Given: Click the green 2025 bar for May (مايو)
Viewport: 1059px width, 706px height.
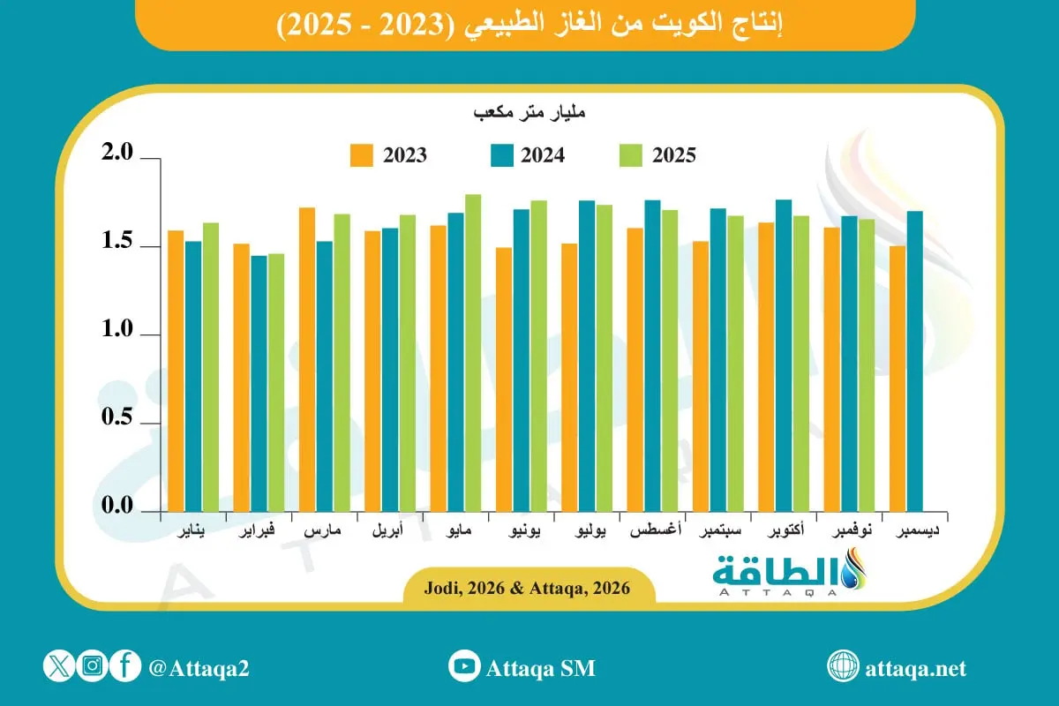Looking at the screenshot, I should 473,353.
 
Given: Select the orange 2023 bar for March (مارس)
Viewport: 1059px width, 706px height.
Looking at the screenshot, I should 307,359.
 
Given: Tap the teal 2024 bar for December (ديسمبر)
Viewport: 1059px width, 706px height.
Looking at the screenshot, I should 914,361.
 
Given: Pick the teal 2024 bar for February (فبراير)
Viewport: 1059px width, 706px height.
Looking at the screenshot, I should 259,384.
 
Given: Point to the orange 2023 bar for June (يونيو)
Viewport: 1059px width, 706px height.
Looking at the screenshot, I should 504,379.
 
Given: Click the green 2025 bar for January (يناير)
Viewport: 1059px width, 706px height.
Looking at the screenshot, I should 211,367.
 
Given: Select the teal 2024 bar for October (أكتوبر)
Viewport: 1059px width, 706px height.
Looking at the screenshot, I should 783,356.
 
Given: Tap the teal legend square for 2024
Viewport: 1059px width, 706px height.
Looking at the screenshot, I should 499,155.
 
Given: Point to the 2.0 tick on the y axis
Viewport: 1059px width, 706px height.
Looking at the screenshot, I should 118,155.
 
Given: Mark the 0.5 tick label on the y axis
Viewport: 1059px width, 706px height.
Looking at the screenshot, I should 118,420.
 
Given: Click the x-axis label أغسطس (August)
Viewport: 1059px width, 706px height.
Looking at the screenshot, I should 653,533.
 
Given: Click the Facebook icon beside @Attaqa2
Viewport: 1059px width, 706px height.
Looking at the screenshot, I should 126,666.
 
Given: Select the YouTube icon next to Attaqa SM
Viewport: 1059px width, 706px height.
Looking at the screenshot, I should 463,666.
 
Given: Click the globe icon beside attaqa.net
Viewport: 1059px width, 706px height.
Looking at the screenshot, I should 843,666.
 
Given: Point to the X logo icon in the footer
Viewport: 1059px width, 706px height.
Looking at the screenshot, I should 58,666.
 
